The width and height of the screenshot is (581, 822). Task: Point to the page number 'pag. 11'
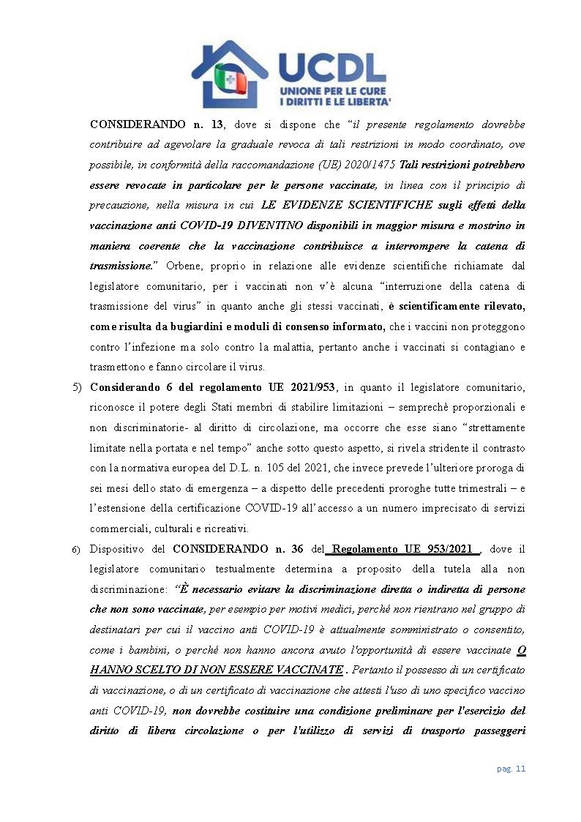(511, 768)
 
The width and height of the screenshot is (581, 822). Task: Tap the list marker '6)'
(76, 550)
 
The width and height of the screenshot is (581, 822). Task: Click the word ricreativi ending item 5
(225, 528)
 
